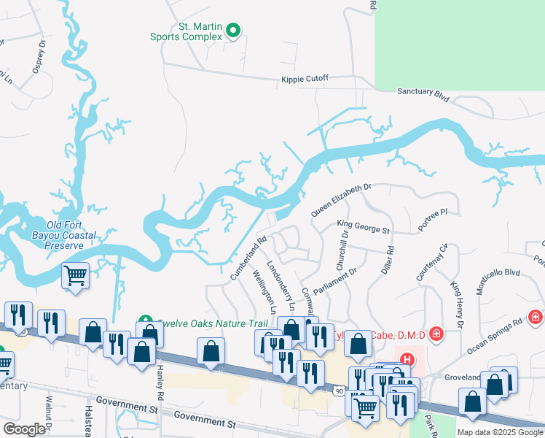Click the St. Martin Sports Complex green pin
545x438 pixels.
[233, 31]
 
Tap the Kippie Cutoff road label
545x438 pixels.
[305, 79]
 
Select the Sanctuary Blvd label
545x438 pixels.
[422, 93]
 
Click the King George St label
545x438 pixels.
[364, 228]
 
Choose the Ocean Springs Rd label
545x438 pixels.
[495, 333]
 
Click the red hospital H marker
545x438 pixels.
[407, 360]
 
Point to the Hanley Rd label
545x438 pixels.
[159, 378]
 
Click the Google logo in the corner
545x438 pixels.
[24, 429]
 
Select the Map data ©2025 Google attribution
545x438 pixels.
[500, 432]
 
